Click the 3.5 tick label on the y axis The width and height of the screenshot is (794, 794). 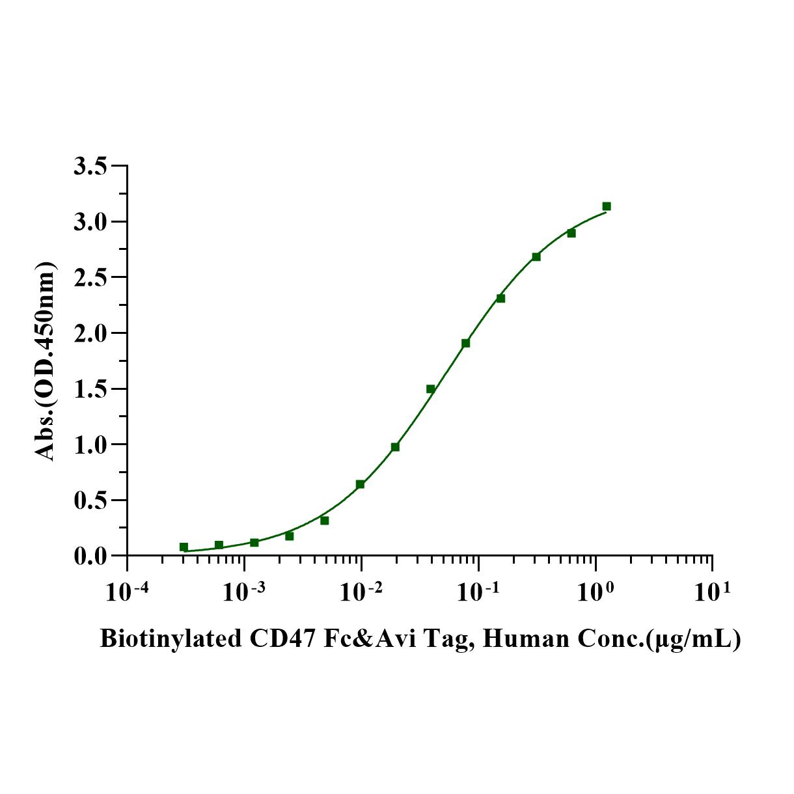point(90,167)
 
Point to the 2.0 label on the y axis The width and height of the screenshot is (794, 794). point(90,334)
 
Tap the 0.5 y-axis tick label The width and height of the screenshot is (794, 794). point(90,501)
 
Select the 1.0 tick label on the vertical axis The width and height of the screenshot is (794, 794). point(90,445)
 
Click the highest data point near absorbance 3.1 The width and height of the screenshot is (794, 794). point(607,206)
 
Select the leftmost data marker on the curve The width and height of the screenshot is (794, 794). point(184,547)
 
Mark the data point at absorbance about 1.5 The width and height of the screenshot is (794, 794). point(430,389)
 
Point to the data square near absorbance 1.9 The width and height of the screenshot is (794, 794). point(465,343)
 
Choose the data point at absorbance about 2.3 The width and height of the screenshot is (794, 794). point(500,298)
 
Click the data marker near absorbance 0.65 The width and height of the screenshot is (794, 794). point(360,484)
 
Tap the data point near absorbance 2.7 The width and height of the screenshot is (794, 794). point(536,256)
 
